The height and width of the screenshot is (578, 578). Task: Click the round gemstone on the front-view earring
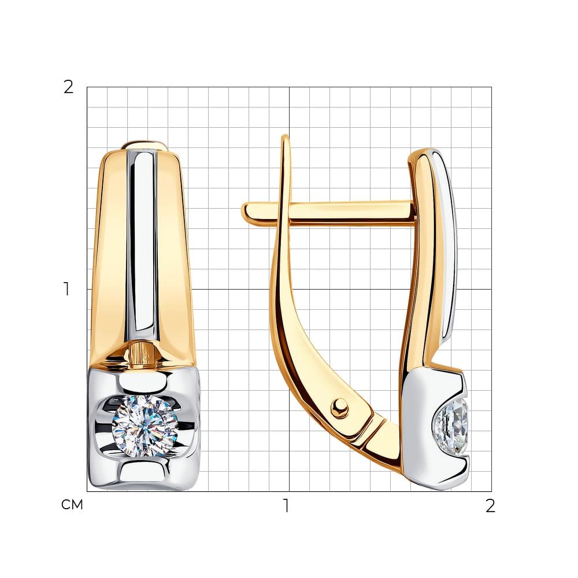click(145, 426)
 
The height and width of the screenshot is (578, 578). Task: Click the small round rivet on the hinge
click(339, 407)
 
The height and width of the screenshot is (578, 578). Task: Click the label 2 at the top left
click(69, 87)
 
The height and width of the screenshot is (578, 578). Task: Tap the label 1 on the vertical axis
click(66, 289)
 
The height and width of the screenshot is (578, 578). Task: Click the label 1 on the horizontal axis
click(286, 506)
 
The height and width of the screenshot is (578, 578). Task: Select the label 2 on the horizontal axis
click(490, 506)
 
